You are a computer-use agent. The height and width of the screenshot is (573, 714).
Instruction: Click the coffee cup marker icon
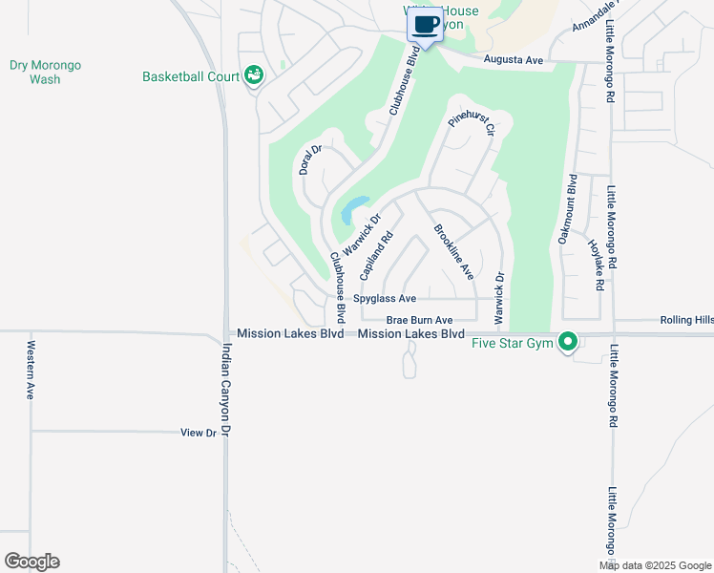coord(426,24)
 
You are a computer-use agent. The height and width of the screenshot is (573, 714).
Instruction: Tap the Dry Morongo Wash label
coord(45,73)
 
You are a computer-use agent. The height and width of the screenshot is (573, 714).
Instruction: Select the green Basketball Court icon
coord(253,74)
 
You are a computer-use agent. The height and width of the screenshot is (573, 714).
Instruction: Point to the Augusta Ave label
coord(513,60)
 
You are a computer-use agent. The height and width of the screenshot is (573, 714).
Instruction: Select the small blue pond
coord(352,208)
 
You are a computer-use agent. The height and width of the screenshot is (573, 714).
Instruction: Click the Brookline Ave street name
coord(453,251)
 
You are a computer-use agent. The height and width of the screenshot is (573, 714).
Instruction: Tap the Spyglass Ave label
coord(385,299)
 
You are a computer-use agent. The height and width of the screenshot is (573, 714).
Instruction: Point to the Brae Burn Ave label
coord(419,321)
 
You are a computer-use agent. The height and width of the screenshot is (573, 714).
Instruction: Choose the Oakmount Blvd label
coord(566,209)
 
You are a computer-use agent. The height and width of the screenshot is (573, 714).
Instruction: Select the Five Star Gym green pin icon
coord(569,341)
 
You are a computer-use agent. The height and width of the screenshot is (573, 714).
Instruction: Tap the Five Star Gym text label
coord(514,343)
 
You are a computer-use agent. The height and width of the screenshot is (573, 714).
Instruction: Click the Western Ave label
coord(31,369)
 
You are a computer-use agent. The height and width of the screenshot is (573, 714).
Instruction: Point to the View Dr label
coord(199,433)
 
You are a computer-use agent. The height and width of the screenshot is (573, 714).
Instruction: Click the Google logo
coord(31,562)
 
